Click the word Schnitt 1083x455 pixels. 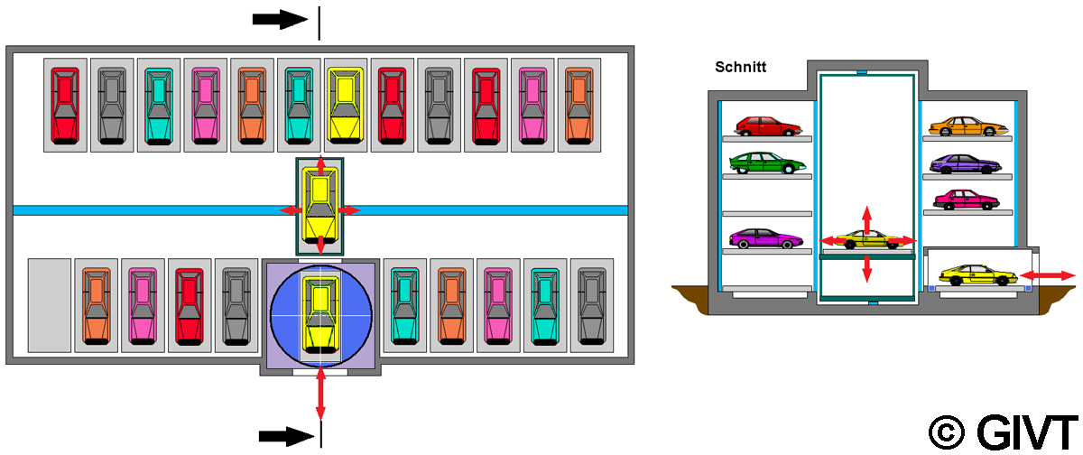(740, 66)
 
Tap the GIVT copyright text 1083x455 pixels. (1002, 431)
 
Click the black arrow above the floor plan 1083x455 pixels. (281, 20)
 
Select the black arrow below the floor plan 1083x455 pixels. (286, 436)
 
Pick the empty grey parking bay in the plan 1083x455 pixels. (49, 305)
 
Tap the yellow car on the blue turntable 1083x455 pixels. (320, 315)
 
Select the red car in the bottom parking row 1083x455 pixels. (189, 305)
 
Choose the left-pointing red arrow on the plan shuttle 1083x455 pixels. (291, 210)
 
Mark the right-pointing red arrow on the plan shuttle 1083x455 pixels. (349, 210)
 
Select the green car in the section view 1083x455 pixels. (767, 162)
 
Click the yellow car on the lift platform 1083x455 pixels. (864, 240)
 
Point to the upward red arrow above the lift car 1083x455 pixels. (867, 218)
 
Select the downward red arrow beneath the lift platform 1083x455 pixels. (867, 268)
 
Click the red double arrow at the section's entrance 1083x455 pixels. (1053, 274)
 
